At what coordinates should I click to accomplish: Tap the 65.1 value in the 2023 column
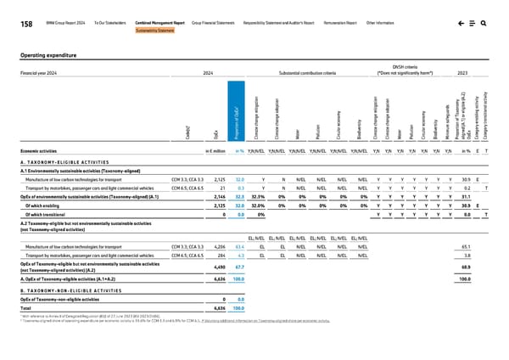[x=465, y=242]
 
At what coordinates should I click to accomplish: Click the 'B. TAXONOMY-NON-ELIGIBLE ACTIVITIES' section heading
[x=76, y=290]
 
